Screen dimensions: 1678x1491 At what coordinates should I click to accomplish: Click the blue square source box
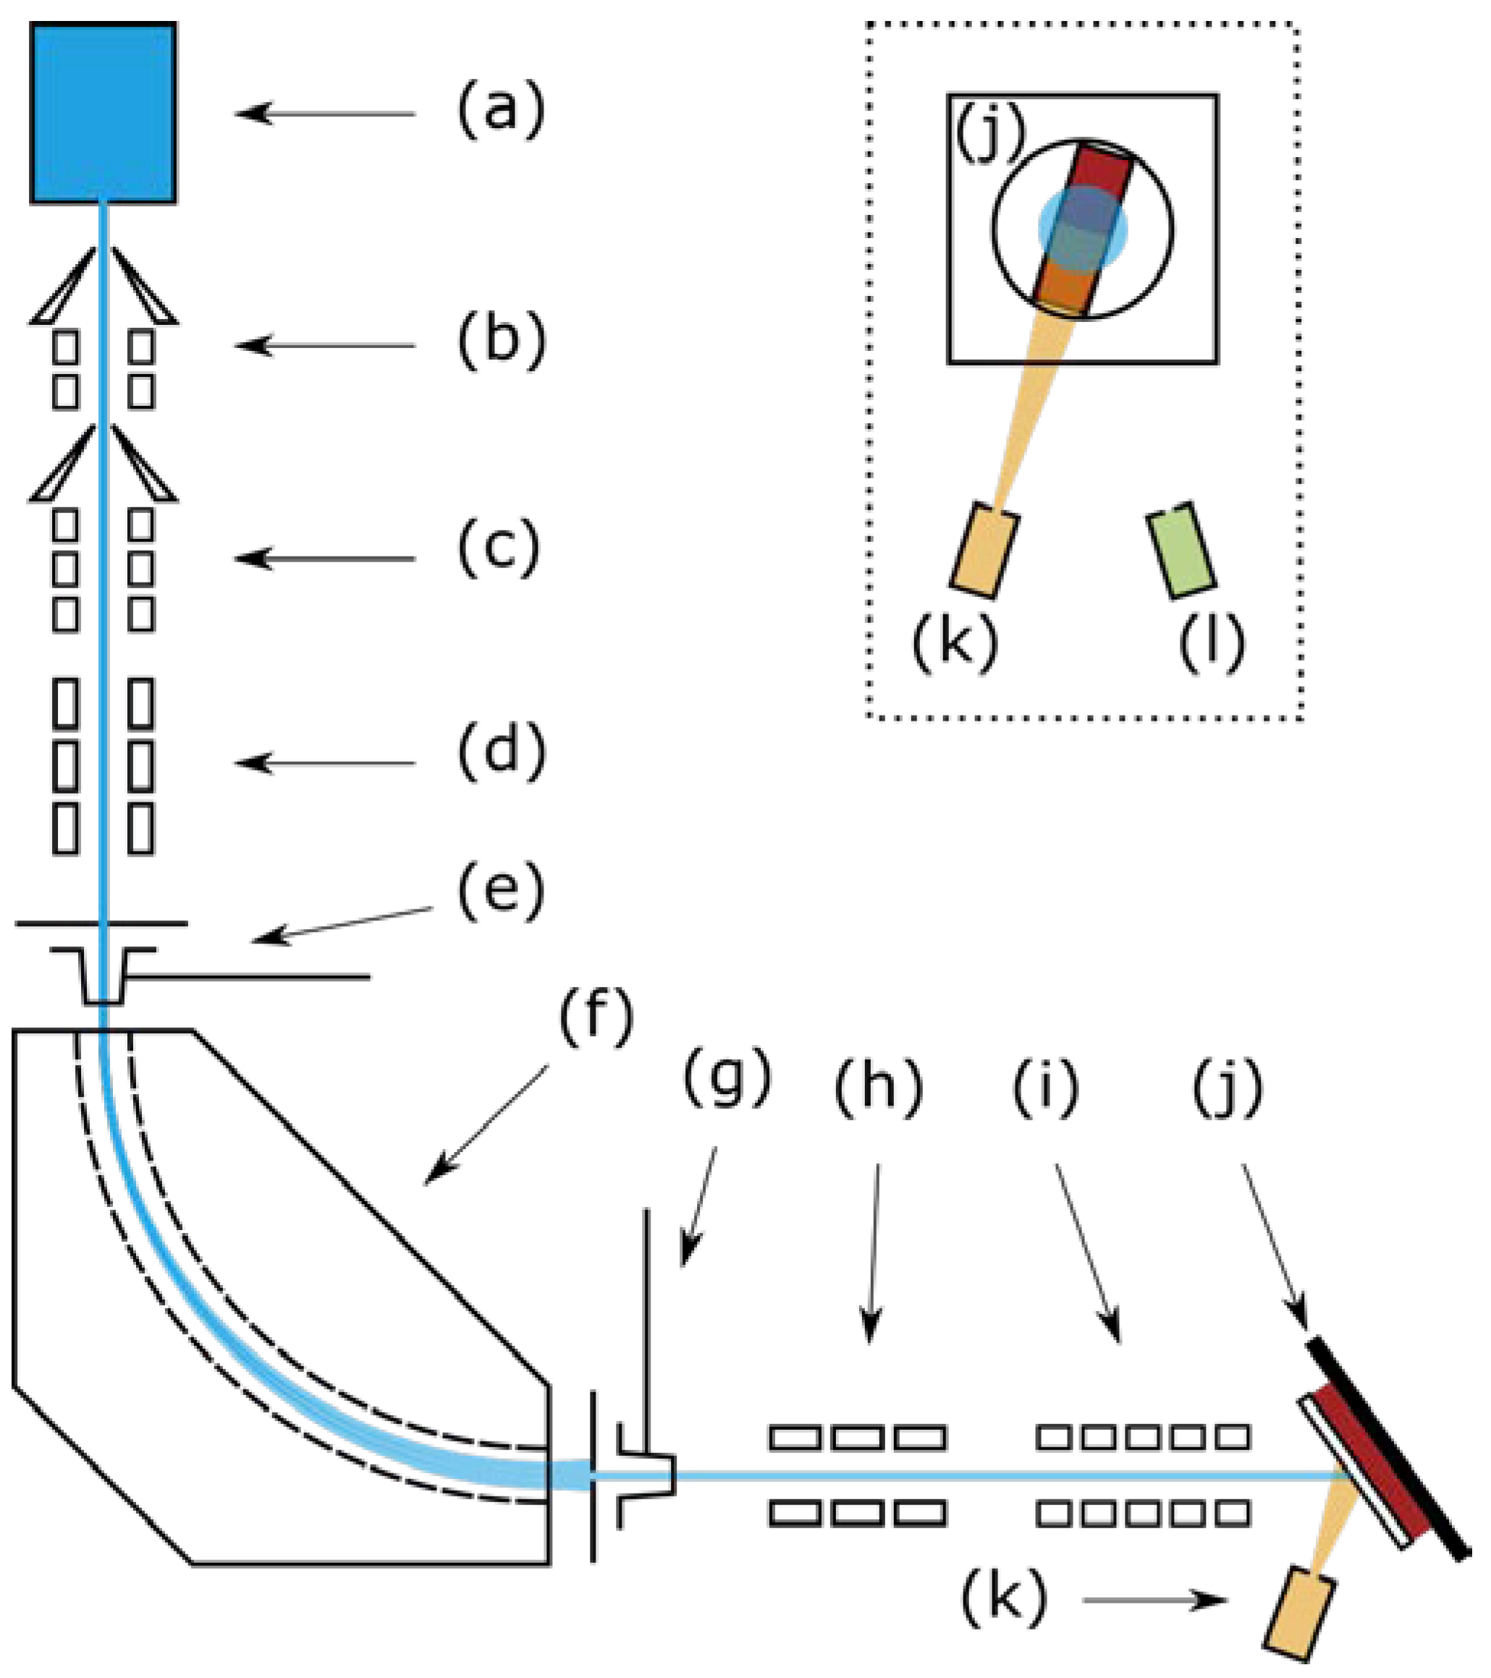[104, 112]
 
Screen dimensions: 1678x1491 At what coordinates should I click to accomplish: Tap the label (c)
[499, 548]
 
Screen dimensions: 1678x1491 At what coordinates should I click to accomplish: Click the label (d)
[501, 752]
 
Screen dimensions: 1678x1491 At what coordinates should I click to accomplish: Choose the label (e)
[501, 891]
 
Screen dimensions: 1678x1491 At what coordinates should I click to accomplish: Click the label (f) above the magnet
[597, 1018]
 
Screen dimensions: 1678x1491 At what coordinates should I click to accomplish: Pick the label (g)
[727, 1077]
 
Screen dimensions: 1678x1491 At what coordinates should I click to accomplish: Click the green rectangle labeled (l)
[1181, 551]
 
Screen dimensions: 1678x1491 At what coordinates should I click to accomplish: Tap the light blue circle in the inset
[1083, 229]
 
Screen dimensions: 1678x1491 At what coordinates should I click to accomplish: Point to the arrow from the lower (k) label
[1154, 1599]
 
